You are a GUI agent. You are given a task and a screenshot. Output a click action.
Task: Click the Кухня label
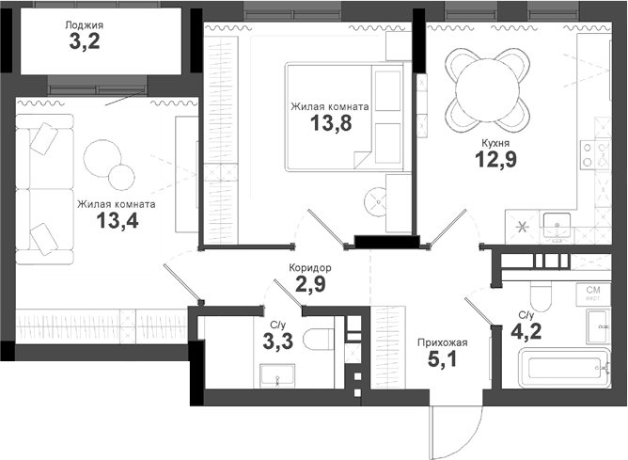coord(495,143)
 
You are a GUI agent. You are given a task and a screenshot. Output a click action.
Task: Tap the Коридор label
coord(310,268)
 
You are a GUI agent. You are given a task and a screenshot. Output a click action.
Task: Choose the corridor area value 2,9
coord(310,285)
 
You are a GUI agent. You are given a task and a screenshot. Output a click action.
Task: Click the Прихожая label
coord(442,341)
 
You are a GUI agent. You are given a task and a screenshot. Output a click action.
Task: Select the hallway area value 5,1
coord(442,359)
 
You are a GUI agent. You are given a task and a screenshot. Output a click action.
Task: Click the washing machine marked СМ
coord(593,294)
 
